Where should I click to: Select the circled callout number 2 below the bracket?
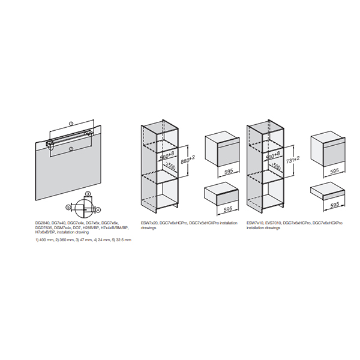[71, 148]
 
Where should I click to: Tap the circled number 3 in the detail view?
[87, 194]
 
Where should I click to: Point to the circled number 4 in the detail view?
[98, 209]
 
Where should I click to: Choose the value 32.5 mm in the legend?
[122, 240]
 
